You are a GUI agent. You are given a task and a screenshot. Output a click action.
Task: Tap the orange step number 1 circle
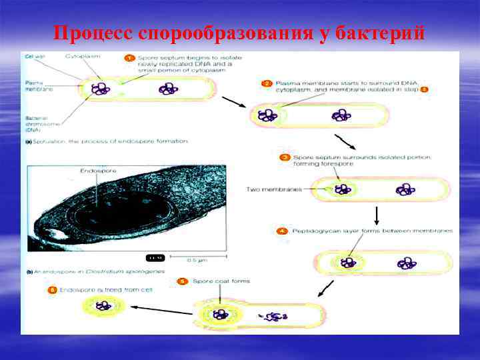point(131,58)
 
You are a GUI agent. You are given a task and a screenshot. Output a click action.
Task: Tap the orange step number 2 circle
point(267,83)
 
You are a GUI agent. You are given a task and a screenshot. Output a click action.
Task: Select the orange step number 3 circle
point(284,157)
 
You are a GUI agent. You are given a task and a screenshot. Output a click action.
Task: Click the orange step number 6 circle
point(52,290)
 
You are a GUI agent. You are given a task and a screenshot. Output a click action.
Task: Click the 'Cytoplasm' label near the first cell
point(83,57)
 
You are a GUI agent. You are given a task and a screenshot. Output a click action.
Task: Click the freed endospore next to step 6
point(103,307)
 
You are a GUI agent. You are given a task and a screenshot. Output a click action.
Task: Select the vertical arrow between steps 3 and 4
point(377,215)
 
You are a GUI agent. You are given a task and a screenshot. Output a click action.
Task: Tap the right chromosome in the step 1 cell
point(167,89)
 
